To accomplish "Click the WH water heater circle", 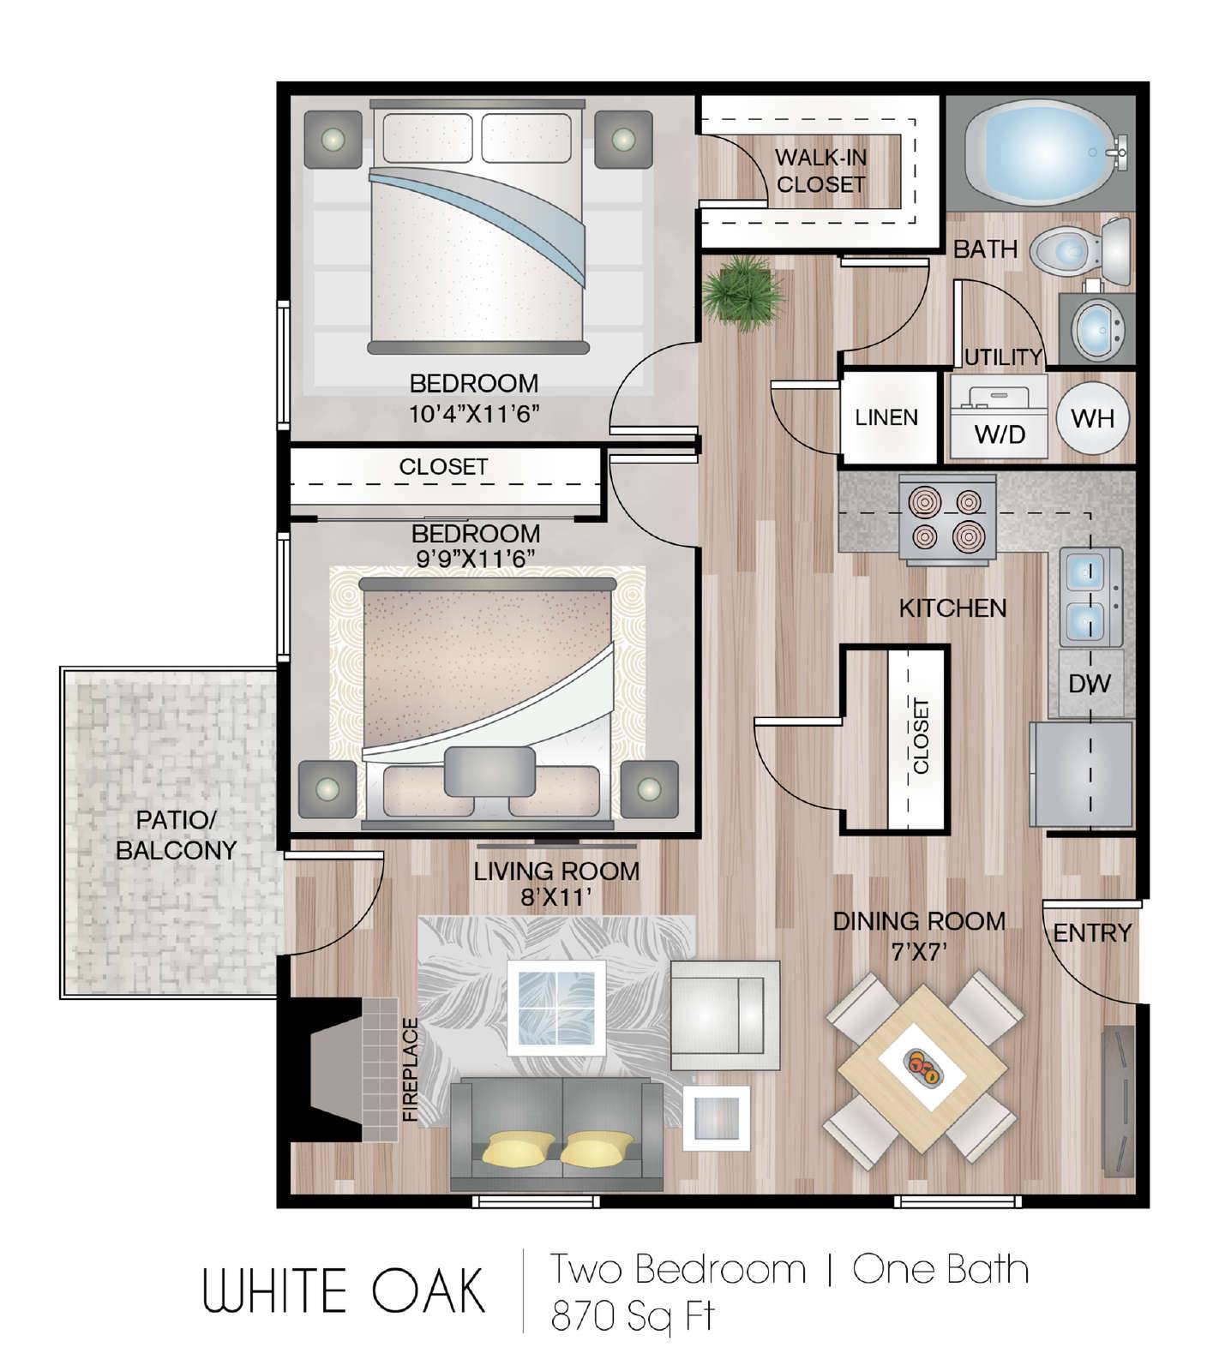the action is coord(1093,418).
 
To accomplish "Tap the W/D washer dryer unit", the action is coord(998,416).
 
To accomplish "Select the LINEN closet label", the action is coord(886,417).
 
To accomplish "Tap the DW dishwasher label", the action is coord(1090,684).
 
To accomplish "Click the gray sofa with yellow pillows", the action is coord(557,1133).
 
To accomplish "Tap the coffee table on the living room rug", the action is coord(556,1008).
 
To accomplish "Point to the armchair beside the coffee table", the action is coord(725,1015).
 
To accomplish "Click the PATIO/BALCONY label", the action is coord(176,835).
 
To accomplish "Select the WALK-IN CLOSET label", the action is coord(820,171).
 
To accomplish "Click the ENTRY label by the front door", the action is coord(1092,932).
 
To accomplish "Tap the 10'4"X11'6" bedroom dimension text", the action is coord(473,414).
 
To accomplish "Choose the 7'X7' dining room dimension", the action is coord(918,952).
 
